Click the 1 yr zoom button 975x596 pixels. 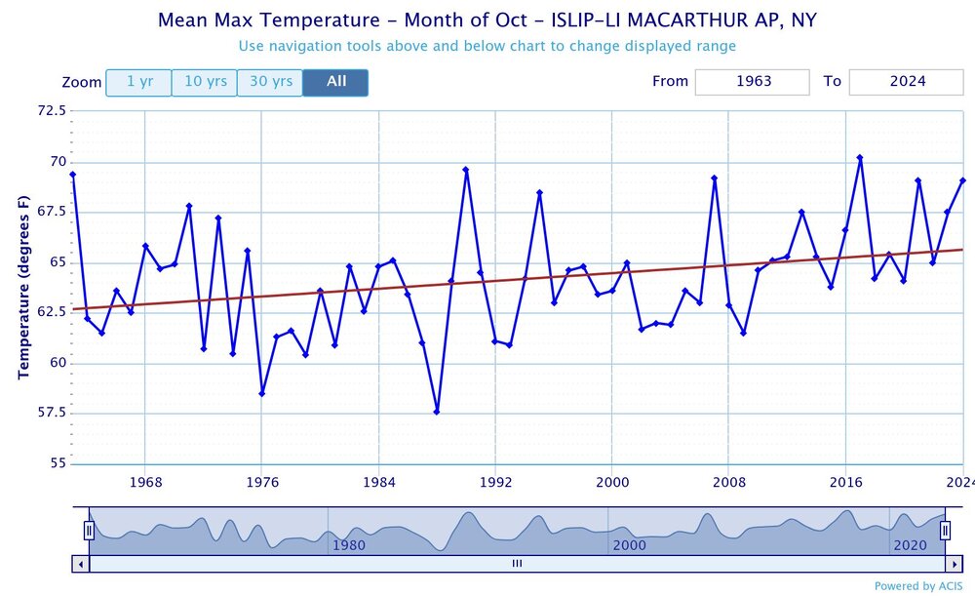(138, 83)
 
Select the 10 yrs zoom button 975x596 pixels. (205, 83)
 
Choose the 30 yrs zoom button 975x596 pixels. (270, 83)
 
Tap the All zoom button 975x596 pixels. (335, 83)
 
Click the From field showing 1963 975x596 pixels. (752, 82)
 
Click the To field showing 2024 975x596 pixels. (906, 82)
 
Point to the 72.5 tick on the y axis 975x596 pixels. (48, 111)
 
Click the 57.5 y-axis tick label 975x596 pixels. (48, 414)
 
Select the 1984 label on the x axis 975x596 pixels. (378, 482)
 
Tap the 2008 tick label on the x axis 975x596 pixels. (728, 482)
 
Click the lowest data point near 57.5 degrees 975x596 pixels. (437, 412)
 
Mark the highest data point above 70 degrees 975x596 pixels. (860, 157)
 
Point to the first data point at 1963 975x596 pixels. (73, 175)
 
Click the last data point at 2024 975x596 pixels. (962, 180)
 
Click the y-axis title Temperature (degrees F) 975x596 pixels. (22, 288)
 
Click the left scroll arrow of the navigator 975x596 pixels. (80, 563)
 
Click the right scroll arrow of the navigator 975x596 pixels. (954, 563)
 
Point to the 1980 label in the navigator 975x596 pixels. (348, 545)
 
